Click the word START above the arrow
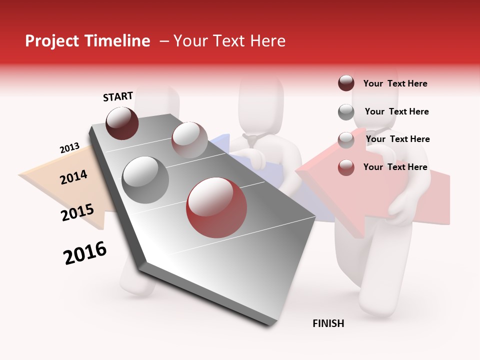118,96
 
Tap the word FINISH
328,323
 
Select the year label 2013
69,148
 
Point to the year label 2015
77,212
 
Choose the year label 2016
85,253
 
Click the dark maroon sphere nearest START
122,123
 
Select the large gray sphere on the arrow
145,179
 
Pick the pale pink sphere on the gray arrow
189,139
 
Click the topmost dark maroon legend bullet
346,83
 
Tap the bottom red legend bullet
346,167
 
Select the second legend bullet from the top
346,112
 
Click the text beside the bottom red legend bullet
395,167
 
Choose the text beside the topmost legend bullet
395,83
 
